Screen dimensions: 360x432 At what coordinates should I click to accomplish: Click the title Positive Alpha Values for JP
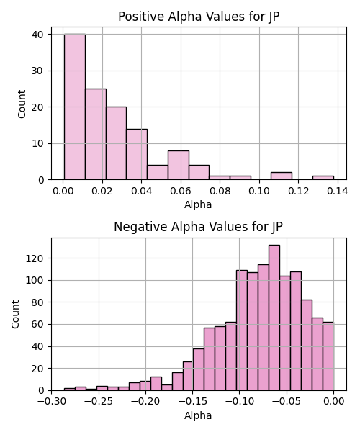coord(199,17)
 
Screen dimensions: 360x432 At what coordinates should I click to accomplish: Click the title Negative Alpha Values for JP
coord(198,227)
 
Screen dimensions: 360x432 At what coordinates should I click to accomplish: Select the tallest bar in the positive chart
coord(75,107)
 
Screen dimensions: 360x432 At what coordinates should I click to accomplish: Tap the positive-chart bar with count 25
coord(96,134)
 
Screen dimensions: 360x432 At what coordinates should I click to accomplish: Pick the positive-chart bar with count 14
coord(137,154)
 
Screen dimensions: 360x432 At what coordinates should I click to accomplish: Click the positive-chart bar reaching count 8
coord(179,165)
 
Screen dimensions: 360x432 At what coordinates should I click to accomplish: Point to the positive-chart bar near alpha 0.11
coord(282,176)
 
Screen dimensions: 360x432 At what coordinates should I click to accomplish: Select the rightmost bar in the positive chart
coord(323,178)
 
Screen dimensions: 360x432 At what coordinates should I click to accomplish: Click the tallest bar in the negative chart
coord(274,318)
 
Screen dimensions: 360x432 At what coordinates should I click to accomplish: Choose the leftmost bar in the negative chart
coord(69,390)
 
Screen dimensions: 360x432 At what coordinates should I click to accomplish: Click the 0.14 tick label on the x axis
coord(338,191)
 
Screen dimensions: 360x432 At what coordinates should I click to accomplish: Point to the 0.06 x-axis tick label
coord(181,191)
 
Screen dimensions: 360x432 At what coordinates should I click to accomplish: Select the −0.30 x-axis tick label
coord(52,402)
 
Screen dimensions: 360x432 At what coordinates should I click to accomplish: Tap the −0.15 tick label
coord(192,402)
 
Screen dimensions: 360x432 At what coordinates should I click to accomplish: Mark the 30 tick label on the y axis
coord(37,71)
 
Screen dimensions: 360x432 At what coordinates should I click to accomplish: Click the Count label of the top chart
coord(22,104)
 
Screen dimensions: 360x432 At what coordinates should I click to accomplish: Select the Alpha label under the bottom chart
coord(198,415)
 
